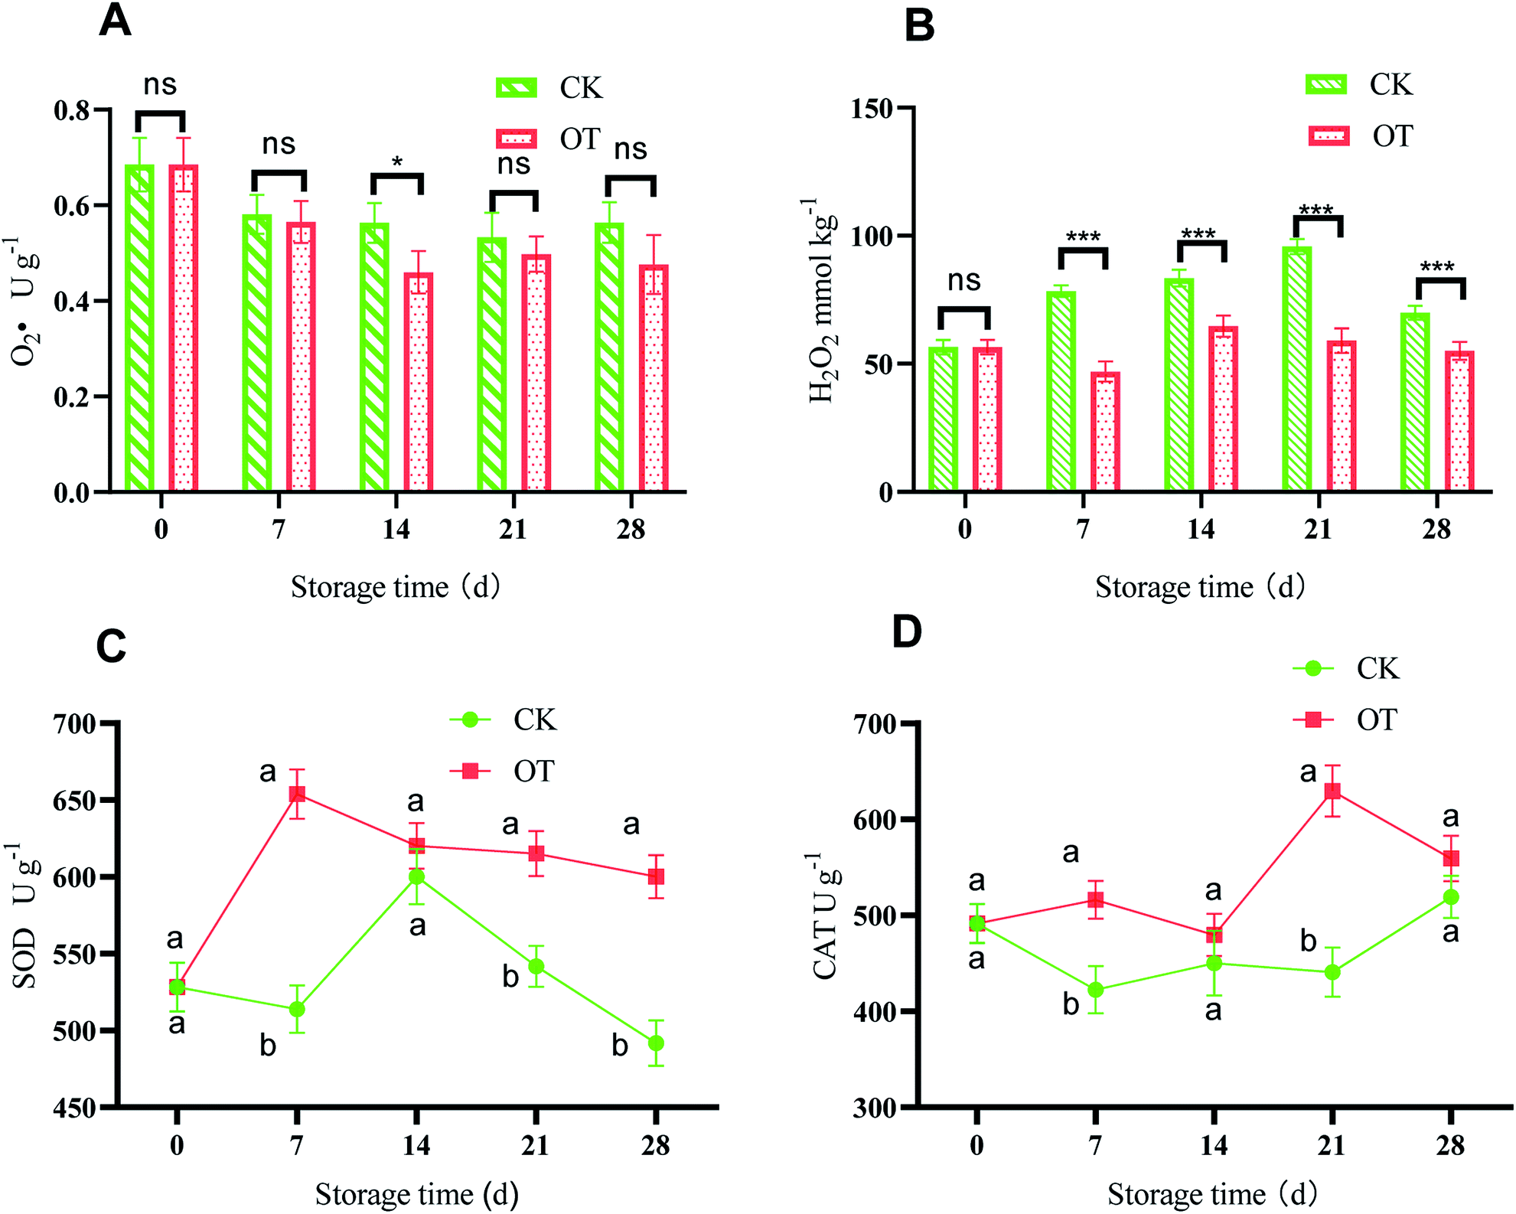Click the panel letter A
[115, 21]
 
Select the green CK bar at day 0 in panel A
[140, 329]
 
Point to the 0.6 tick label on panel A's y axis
[72, 207]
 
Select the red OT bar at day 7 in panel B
[1106, 432]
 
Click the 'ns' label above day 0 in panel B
[964, 281]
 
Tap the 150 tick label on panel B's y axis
[872, 109]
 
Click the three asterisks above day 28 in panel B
[1437, 268]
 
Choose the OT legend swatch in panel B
[1329, 136]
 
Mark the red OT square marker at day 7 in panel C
[297, 794]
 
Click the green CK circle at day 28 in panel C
[656, 1043]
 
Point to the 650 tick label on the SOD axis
[75, 801]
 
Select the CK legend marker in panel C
[471, 720]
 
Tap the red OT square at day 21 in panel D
[1332, 791]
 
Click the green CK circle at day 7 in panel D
[1096, 990]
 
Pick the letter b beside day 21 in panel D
[1309, 942]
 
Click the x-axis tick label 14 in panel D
[1214, 1145]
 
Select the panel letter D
[907, 633]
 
